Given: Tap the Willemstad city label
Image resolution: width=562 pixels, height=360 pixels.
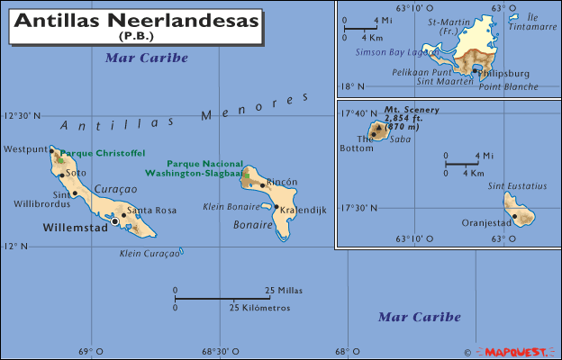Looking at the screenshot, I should pyautogui.click(x=74, y=229).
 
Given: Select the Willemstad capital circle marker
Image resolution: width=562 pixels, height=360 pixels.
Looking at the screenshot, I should pyautogui.click(x=115, y=220).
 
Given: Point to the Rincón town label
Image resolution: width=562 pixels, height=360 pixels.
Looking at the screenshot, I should pyautogui.click(x=283, y=181).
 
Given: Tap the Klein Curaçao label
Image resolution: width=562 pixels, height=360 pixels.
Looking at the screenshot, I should pyautogui.click(x=149, y=254).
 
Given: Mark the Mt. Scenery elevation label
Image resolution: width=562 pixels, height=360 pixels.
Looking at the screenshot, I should pyautogui.click(x=416, y=118).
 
